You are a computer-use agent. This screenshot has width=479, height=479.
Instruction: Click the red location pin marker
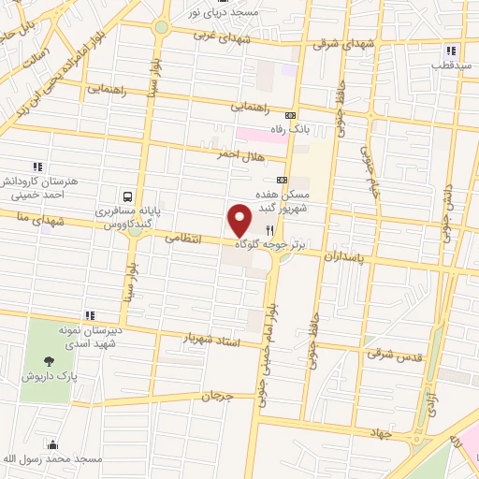click(240, 221)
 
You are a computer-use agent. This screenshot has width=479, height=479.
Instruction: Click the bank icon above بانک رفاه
click(290, 115)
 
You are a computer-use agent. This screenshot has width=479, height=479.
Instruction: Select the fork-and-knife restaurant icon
click(269, 230)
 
